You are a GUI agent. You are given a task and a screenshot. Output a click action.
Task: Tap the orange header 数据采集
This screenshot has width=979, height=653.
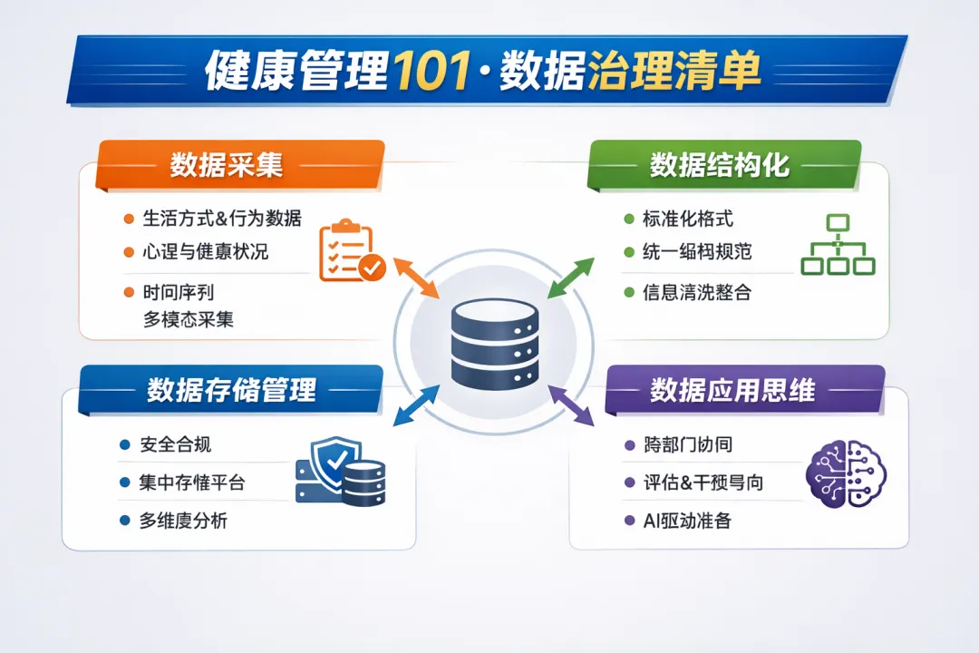tap(227, 165)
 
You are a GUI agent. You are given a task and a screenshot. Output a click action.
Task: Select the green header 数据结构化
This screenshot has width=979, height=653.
tap(720, 165)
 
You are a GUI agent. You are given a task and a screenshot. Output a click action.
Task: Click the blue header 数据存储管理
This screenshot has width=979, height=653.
tap(231, 390)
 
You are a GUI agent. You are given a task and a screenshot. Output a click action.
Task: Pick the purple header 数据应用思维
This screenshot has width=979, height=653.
tap(732, 390)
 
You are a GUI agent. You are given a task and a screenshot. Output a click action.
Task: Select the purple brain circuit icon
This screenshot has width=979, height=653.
tap(847, 473)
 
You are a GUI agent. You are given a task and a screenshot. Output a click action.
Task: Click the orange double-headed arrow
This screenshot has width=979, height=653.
tap(415, 276)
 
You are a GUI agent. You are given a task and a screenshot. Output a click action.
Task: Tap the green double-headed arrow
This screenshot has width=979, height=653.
tap(571, 278)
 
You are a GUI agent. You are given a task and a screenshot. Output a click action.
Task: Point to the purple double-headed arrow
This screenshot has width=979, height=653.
tap(572, 404)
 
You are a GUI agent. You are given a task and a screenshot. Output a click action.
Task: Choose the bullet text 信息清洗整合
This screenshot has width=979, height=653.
tap(697, 293)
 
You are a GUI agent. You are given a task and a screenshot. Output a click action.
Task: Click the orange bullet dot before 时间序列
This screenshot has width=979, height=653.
tap(128, 292)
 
